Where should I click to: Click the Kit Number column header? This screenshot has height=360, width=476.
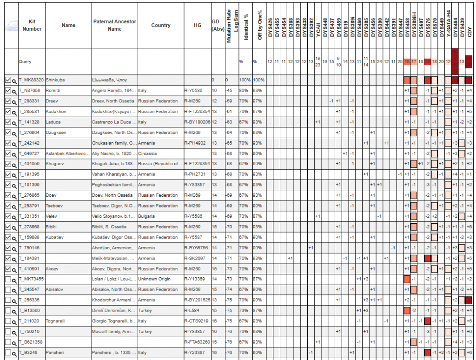coord(32,25)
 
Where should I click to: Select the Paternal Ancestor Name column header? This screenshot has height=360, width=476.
coord(114,25)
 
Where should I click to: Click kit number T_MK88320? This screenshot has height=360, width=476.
coord(31,80)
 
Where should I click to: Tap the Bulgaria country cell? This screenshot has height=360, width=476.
coord(147,216)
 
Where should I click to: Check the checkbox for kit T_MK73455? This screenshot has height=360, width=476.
coord(7,279)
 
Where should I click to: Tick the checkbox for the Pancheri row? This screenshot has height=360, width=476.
coord(7,353)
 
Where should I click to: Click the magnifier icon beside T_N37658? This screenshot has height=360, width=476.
coord(14,91)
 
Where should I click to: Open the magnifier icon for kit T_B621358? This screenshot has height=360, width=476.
coord(14,342)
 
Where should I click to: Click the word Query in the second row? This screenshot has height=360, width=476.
coord(25,61)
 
